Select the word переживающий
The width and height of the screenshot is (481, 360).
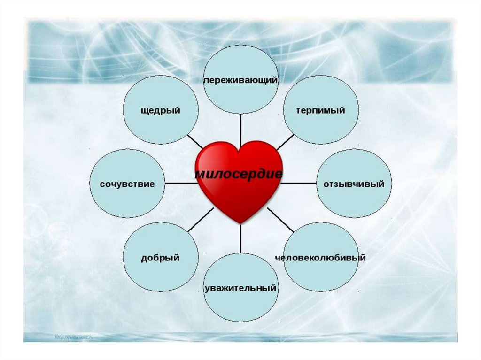[240, 80]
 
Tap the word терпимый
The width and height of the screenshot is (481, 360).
[320, 111]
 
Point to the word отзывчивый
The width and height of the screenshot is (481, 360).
[354, 184]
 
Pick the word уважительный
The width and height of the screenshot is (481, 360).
[240, 288]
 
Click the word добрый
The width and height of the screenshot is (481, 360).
[160, 258]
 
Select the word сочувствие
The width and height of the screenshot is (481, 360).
[127, 184]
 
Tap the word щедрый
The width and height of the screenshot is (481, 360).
[161, 111]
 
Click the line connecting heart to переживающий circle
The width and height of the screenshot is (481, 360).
[240, 129]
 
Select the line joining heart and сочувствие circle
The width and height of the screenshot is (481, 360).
[181, 183]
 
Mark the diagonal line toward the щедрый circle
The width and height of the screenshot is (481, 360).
[195, 141]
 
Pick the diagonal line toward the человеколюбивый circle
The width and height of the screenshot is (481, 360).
[281, 219]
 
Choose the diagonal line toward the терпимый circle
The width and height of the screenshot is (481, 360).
[285, 140]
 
